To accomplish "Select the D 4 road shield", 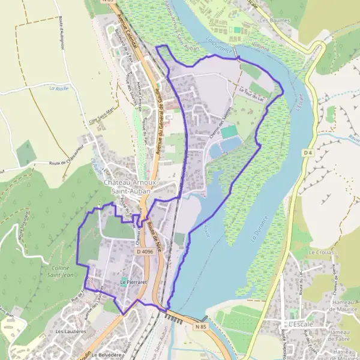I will tap(308, 153).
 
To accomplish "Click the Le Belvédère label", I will tap(112, 355).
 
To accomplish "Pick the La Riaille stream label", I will tap(60, 88).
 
